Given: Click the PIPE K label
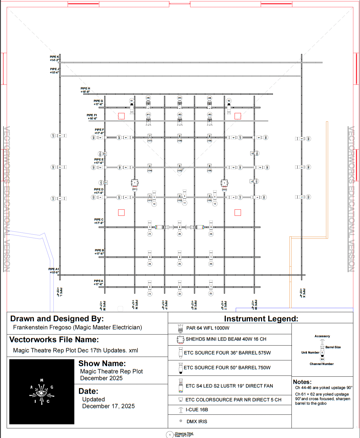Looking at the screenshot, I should [54, 58].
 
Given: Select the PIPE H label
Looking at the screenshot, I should [85, 90].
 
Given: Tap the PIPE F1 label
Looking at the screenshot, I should [92, 117].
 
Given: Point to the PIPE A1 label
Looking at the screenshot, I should [54, 271].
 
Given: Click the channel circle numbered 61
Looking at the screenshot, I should [132, 101].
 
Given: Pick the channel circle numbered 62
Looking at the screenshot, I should [229, 101].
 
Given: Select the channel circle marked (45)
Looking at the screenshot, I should [180, 98].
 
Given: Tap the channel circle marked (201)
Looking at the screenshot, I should [135, 189].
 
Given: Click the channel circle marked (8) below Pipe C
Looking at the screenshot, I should [180, 234].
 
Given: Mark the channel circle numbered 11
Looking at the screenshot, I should [185, 203].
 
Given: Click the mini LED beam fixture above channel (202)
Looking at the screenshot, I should [224, 183].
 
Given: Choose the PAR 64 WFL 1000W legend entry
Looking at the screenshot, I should [208, 328].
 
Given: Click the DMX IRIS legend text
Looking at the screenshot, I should [197, 421].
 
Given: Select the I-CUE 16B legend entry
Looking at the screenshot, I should [197, 410].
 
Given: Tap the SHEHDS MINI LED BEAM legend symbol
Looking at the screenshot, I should [181, 339].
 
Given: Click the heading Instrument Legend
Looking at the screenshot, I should [261, 319].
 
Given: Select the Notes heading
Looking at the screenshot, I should [302, 382].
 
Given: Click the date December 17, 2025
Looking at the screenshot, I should [108, 406].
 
